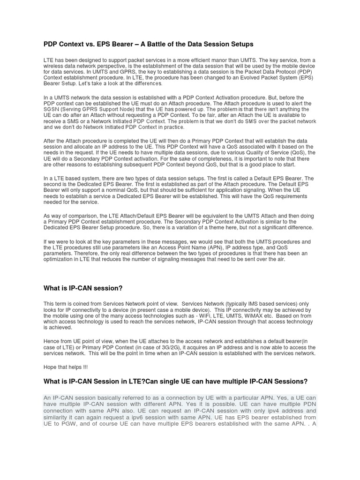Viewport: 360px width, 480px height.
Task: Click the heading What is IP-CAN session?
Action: (83, 287)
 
